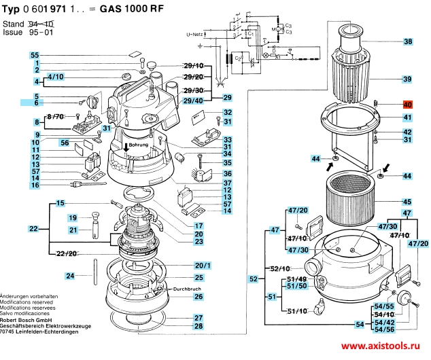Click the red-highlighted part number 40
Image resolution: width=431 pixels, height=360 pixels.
408,105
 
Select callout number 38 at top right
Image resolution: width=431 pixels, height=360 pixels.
408,42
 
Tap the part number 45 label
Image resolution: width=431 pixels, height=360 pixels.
407,202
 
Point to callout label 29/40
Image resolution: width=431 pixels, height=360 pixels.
194,101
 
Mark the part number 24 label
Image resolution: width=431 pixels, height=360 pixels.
70,276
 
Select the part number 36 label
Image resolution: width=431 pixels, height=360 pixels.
228,173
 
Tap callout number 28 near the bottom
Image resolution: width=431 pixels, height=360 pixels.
199,327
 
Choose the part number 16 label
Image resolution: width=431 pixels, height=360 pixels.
35,185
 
